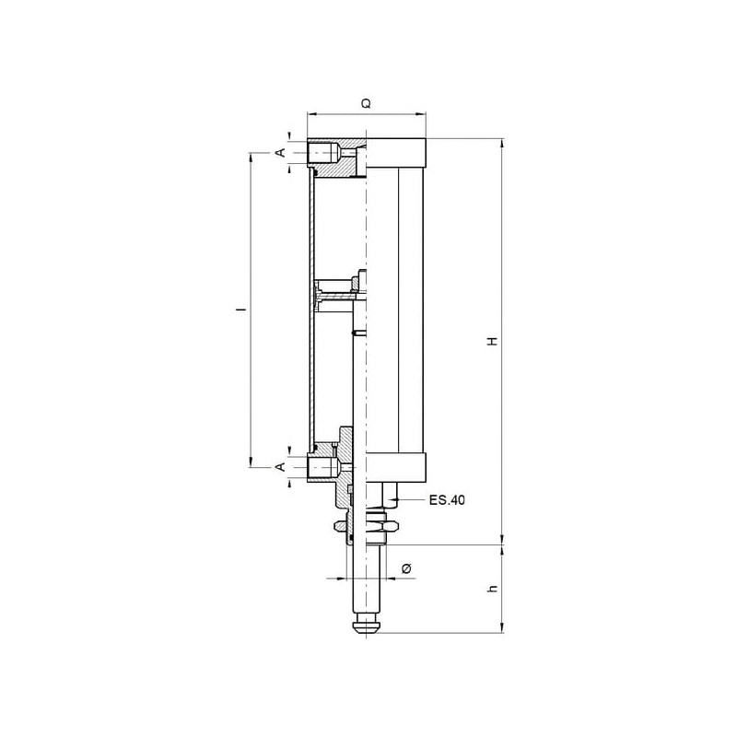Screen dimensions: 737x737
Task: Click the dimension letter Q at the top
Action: tap(366, 103)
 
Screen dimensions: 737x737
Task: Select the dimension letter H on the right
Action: tap(493, 341)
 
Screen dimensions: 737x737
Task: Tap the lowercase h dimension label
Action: tap(493, 588)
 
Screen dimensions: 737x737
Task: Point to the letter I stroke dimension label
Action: tap(243, 310)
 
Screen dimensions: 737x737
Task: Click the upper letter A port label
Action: tap(280, 152)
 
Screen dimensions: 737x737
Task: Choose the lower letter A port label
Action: tap(280, 467)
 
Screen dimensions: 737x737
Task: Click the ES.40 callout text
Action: tap(447, 500)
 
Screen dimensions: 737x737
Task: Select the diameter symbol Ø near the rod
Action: tap(407, 568)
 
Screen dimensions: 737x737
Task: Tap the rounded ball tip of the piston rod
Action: tap(366, 626)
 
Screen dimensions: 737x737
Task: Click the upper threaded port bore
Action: tap(323, 153)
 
